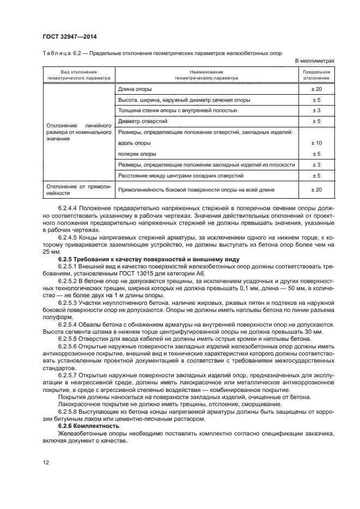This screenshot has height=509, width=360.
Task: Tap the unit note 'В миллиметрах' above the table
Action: [x=315, y=61]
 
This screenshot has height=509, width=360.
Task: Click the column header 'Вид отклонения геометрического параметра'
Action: [x=78, y=75]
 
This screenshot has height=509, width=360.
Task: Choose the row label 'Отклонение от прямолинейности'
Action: [x=78, y=189]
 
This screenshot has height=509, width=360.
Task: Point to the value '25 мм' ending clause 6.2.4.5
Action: [x=51, y=252]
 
